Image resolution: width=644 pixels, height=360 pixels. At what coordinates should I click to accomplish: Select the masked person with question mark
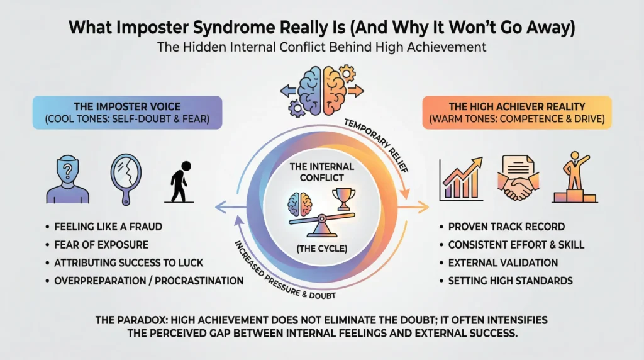click(x=65, y=177)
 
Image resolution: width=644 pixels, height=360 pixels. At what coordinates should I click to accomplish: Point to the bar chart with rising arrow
click(x=461, y=177)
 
